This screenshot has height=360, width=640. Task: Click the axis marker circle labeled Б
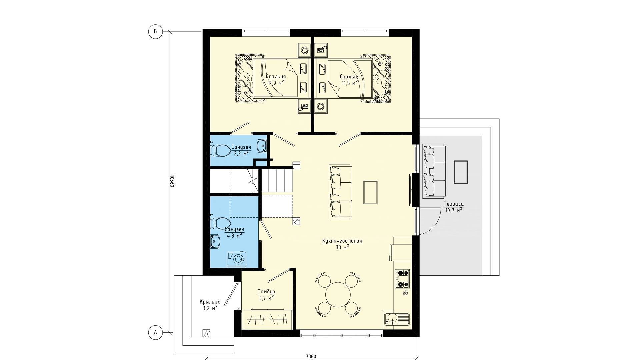tap(155, 32)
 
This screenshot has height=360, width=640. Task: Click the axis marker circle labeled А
tap(155, 332)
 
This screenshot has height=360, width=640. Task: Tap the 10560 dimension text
tap(172, 181)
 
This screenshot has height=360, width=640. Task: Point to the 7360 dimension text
tap(311, 357)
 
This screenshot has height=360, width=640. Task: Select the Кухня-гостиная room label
tap(342, 241)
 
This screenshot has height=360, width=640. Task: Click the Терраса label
tap(454, 204)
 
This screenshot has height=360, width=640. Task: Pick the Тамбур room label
tap(266, 292)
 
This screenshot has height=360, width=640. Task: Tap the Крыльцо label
tap(210, 302)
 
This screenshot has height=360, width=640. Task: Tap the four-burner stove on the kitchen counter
tap(402, 279)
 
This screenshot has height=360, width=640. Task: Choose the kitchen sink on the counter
tap(397, 318)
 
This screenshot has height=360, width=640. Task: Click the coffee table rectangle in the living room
tap(370, 192)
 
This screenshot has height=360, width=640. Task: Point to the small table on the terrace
tap(460, 172)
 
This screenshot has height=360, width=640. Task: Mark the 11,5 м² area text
tap(350, 83)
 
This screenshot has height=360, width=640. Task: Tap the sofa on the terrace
tap(434, 171)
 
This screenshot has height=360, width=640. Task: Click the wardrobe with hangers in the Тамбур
tap(268, 319)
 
